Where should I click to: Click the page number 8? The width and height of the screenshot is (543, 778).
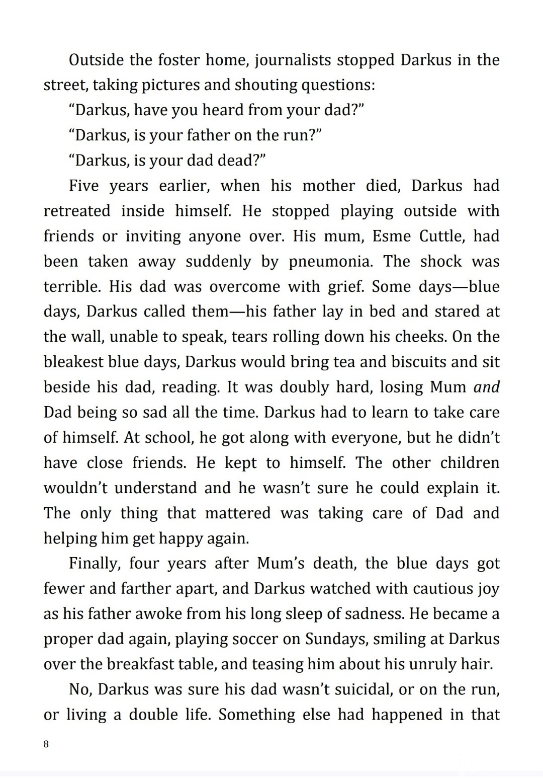(46, 744)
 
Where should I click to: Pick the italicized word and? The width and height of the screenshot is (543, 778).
(487, 387)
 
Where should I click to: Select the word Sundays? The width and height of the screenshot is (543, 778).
(335, 639)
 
